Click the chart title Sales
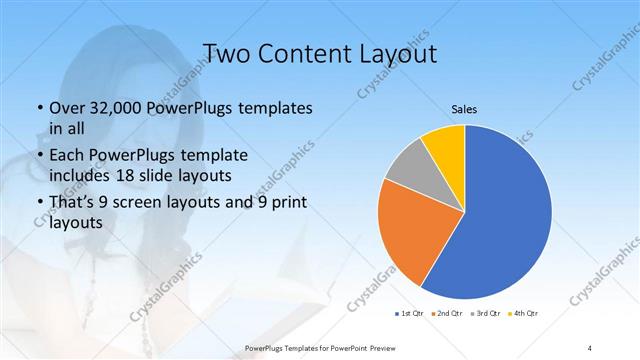click(464, 110)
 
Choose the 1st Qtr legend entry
click(410, 314)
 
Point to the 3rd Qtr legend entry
click(485, 314)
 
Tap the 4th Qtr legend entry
click(524, 314)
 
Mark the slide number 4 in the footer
click(590, 347)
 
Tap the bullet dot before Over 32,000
click(39, 108)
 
